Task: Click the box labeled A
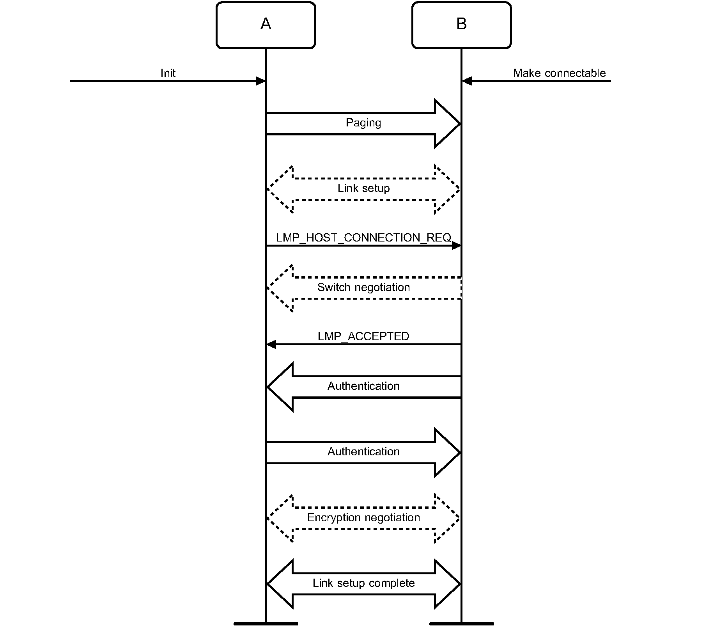[266, 25]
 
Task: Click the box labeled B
[461, 25]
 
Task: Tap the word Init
[168, 73]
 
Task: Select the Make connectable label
[559, 73]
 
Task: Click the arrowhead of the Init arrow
[261, 81]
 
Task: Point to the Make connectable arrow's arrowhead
[467, 81]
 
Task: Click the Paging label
[363, 123]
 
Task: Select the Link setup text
[363, 188]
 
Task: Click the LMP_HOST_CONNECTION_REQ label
[363, 238]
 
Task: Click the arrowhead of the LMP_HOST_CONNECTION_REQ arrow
[456, 246]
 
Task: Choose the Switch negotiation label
[363, 288]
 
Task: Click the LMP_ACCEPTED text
[363, 336]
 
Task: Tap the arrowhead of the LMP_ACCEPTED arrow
[271, 345]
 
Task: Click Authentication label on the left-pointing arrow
[363, 386]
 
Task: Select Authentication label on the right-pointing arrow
[363, 452]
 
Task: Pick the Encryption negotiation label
[363, 518]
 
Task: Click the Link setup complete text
[363, 583]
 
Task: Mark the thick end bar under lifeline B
[461, 623]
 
